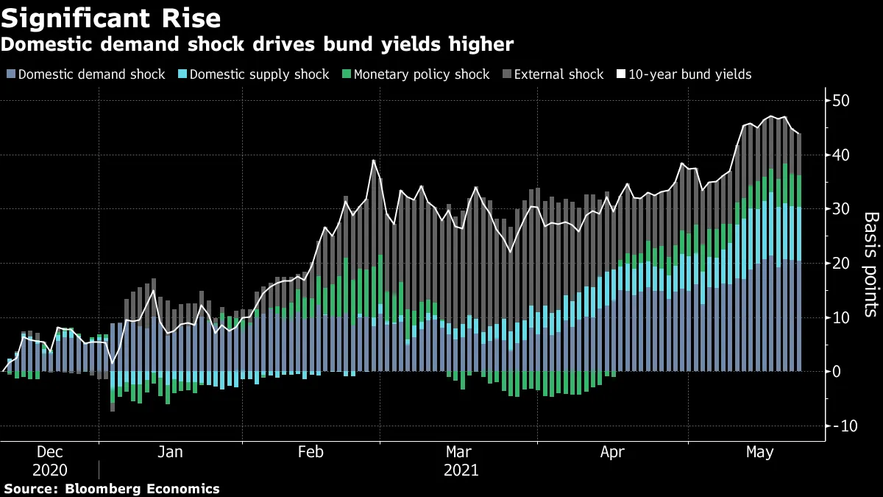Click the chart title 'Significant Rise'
pos(111,17)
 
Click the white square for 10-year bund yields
pos(621,74)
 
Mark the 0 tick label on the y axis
pos(837,372)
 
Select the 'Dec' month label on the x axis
pos(49,451)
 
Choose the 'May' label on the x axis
pos(759,451)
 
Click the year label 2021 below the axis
pos(461,469)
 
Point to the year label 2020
pos(49,469)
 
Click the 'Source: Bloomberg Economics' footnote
pos(111,488)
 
